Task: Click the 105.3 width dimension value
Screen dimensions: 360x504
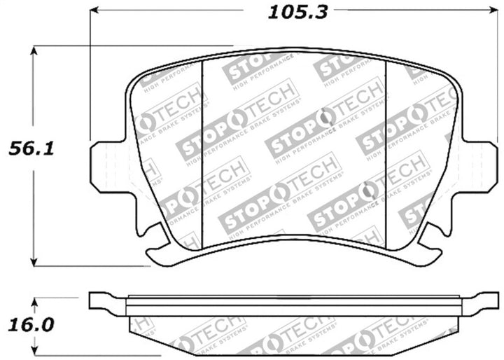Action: (x=289, y=11)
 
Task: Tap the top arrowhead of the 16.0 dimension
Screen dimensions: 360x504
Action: (x=34, y=300)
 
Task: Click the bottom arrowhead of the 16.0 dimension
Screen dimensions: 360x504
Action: (x=34, y=352)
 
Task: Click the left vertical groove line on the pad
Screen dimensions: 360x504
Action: (x=202, y=147)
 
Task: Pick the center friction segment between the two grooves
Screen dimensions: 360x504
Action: (x=294, y=147)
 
